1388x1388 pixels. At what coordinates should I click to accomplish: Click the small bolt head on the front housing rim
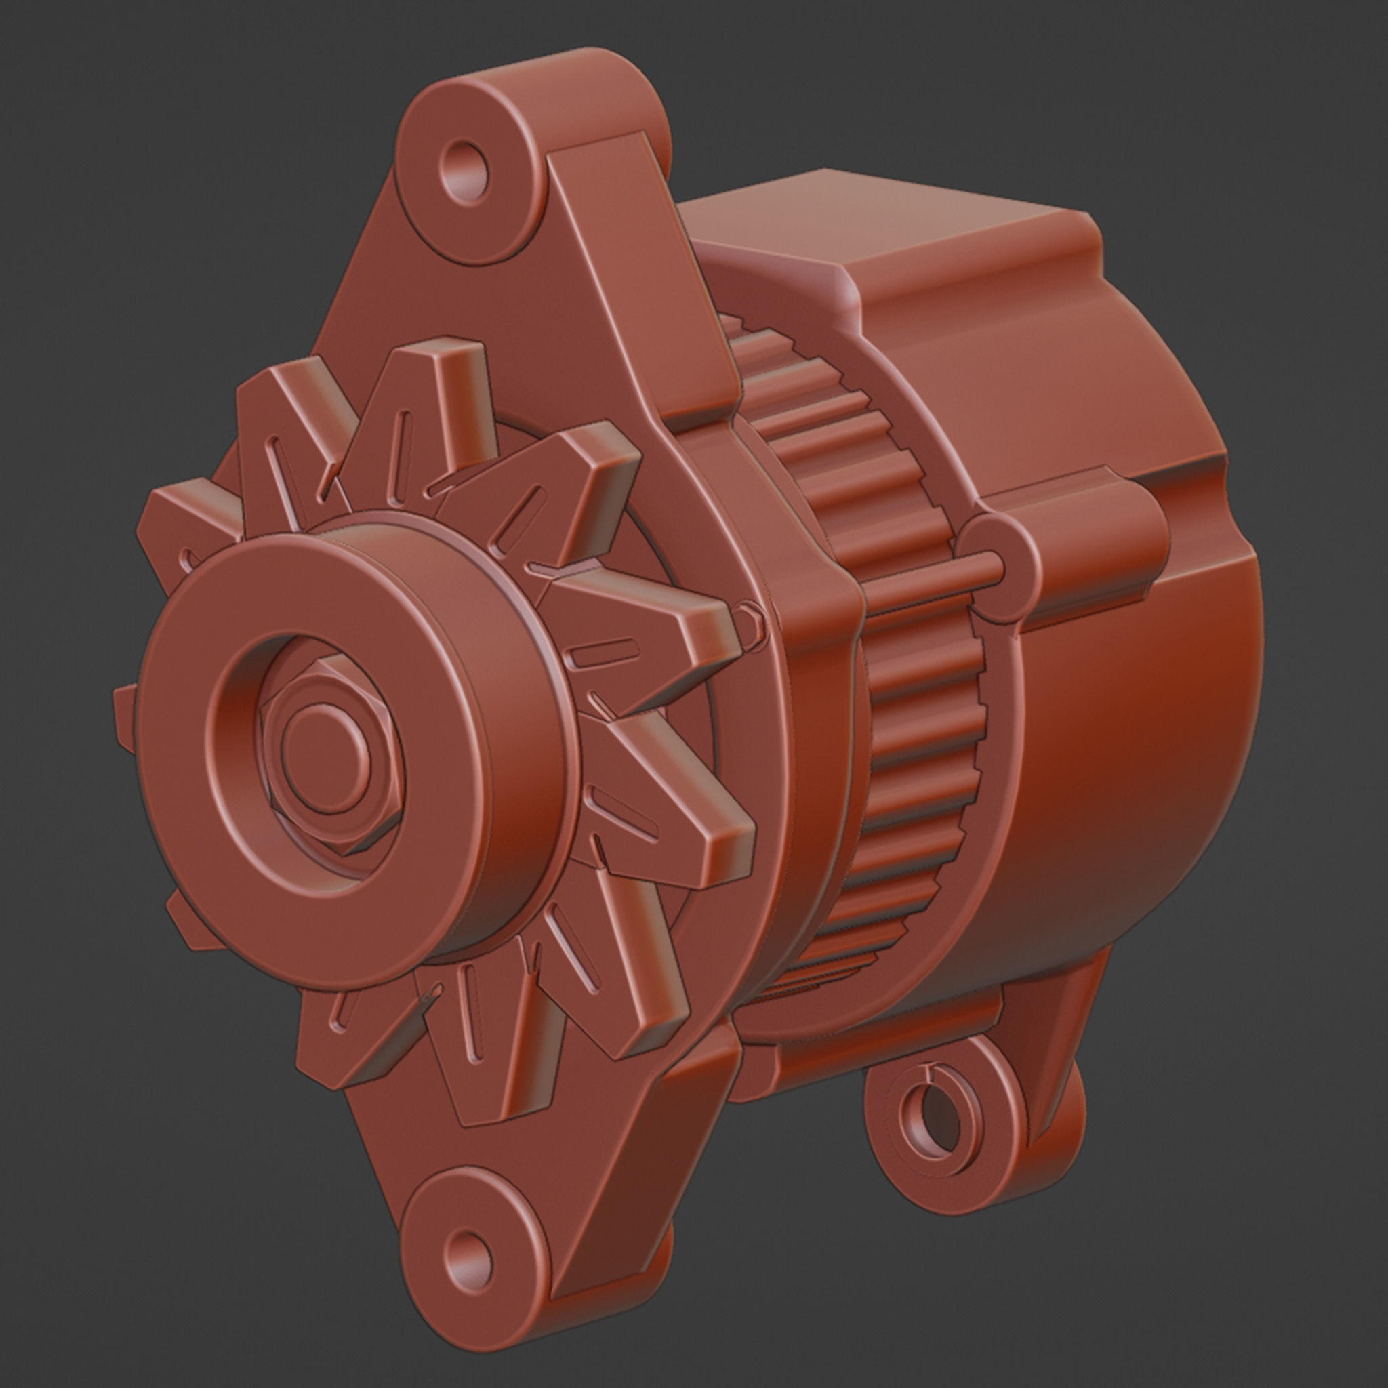click(x=750, y=617)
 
